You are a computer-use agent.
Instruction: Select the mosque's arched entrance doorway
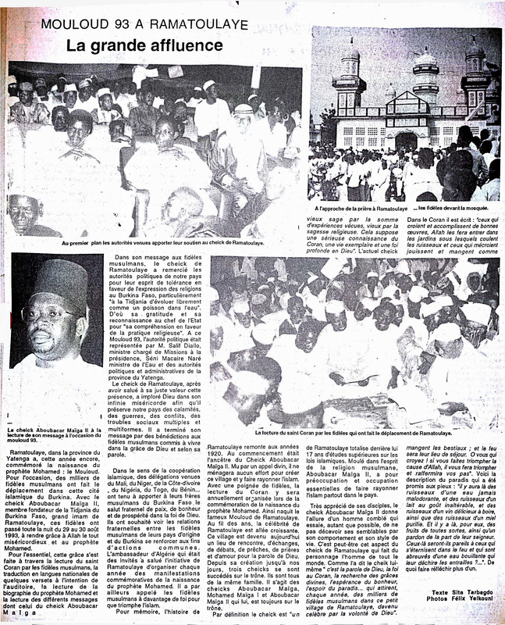click(406, 142)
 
